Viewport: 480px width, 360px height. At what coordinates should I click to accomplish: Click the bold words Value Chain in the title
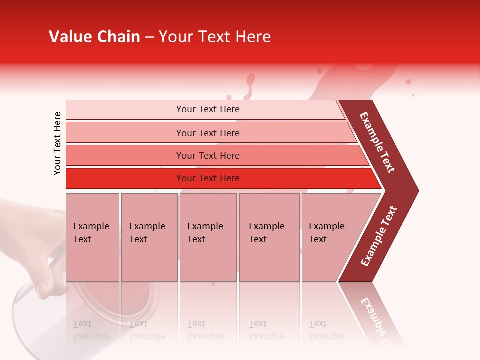click(x=94, y=37)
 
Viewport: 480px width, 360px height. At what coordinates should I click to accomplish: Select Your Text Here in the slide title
click(x=215, y=37)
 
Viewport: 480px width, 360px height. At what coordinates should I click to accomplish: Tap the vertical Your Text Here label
click(x=57, y=143)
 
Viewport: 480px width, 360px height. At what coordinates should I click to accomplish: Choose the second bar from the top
click(x=208, y=133)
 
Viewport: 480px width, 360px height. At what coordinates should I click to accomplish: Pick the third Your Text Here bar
click(x=208, y=155)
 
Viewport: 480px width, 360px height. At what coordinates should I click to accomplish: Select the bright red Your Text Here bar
click(x=208, y=178)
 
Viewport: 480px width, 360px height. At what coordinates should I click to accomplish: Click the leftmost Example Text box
click(x=92, y=237)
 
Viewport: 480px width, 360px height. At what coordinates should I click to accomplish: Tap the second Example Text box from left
click(x=149, y=237)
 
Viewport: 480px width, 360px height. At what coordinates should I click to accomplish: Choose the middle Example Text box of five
click(x=208, y=237)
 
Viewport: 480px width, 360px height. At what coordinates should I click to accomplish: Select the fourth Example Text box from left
click(x=269, y=237)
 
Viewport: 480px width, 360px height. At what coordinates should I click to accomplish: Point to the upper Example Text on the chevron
click(x=377, y=142)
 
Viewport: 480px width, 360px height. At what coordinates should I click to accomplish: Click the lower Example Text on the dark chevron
click(x=379, y=236)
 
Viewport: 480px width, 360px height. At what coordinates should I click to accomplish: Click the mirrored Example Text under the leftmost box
click(x=91, y=330)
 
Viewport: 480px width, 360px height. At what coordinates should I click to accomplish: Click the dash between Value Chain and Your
click(x=149, y=37)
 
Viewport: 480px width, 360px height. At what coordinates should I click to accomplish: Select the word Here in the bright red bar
click(x=230, y=178)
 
